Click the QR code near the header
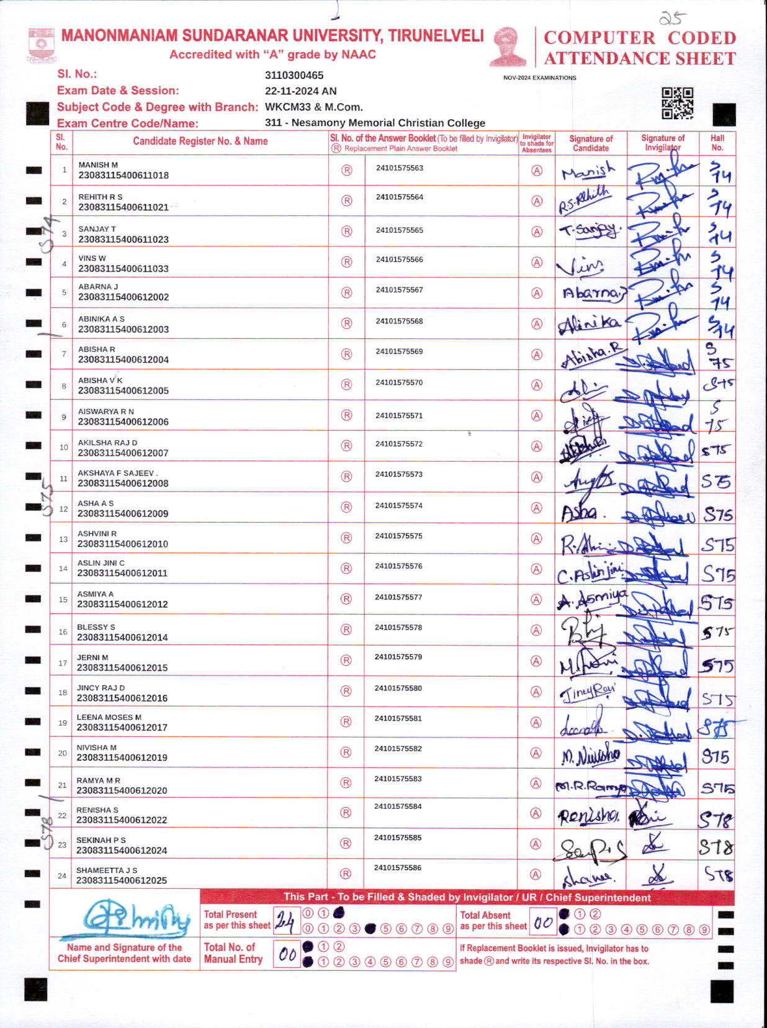coord(677,103)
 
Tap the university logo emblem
coord(42,45)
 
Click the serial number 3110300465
coord(294,75)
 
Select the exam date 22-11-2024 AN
coord(300,91)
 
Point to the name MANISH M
coord(98,165)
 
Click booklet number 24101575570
coord(399,382)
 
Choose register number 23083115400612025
coord(122,880)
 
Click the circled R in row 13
coord(346,538)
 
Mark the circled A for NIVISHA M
coord(536,753)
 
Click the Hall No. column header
coord(717,143)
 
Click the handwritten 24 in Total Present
coord(284,921)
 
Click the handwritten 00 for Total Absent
coord(543,922)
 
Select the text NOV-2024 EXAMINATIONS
coord(539,78)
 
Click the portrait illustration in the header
coord(508,46)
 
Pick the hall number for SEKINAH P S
coord(717,845)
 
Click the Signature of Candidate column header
coord(591,143)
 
